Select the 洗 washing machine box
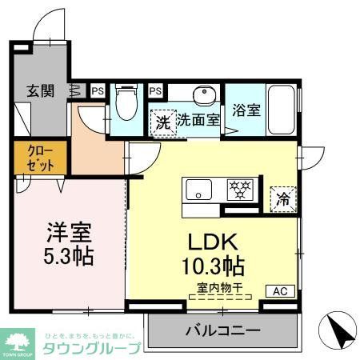point(163,123)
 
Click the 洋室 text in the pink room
point(68,233)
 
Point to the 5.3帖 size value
point(68,256)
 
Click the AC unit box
point(280,290)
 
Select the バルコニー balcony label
point(224,330)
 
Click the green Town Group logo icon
point(16,340)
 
